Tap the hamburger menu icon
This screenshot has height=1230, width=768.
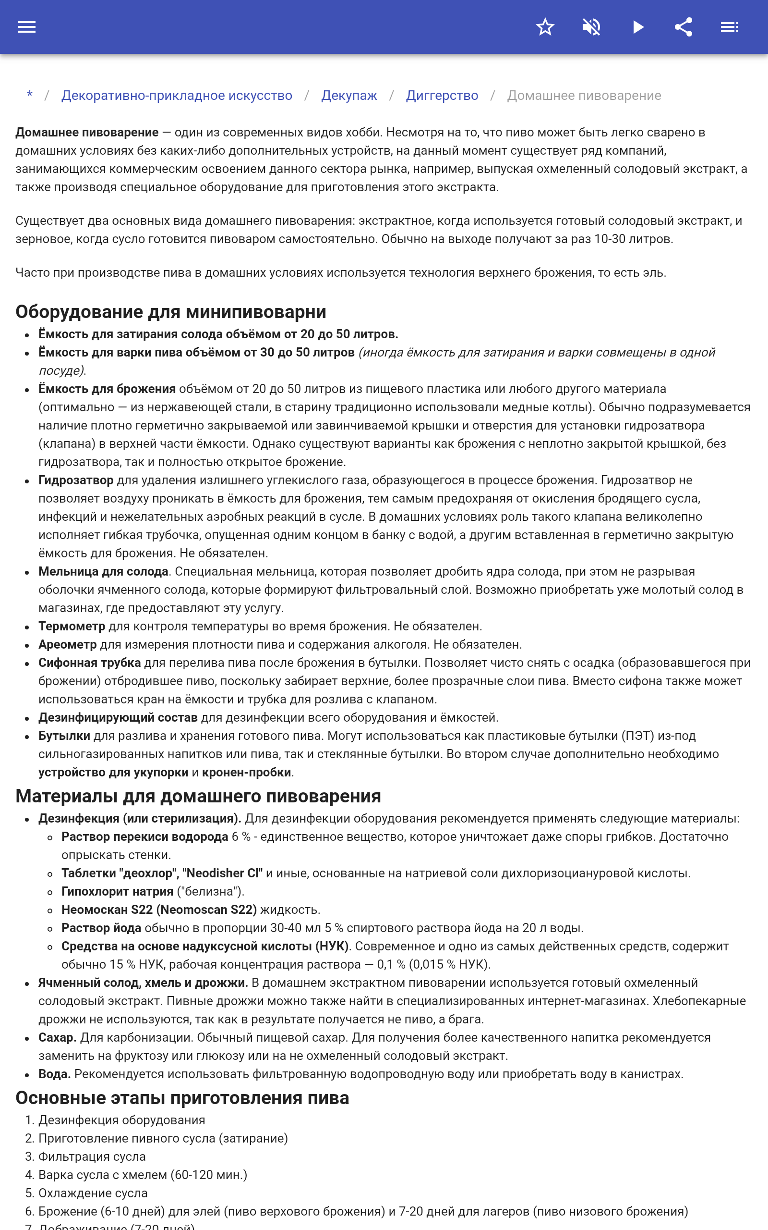click(27, 27)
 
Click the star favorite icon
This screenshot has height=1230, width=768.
click(545, 27)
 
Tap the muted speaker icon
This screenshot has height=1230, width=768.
click(591, 27)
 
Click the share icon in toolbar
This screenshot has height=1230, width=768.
click(683, 27)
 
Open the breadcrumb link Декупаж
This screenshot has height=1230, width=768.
click(349, 96)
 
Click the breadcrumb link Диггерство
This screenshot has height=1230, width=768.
click(442, 96)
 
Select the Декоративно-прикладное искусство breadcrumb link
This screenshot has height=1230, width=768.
click(177, 96)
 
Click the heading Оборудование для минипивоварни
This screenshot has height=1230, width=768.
click(171, 311)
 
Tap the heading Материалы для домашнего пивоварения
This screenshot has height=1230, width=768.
click(198, 796)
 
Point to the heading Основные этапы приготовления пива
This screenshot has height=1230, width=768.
click(182, 1098)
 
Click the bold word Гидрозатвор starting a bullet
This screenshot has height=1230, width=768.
click(76, 480)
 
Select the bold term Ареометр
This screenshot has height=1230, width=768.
click(67, 644)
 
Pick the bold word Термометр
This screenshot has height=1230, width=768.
click(72, 626)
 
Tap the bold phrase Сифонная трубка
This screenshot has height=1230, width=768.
click(89, 663)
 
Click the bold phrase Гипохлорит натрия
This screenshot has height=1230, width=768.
click(117, 891)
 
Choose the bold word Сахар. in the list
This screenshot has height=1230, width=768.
click(58, 1037)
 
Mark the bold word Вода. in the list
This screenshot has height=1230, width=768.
click(54, 1074)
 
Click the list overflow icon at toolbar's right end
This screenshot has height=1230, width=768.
click(730, 27)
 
